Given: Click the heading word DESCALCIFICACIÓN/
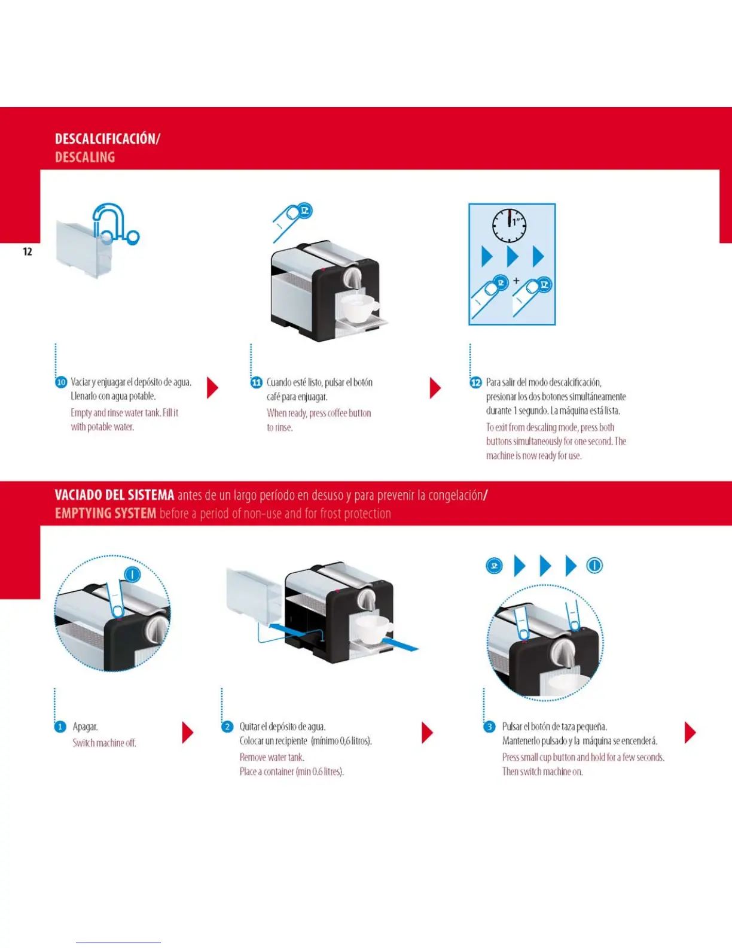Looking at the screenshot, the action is coord(107,139).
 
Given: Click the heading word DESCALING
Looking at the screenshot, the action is coord(84,157).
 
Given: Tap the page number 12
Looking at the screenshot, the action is coord(28,251).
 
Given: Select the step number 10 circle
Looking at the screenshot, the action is coord(61,382).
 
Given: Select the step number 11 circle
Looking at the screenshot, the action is coord(256,382).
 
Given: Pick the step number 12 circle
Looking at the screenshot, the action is coord(476,382).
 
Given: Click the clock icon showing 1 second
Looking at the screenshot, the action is coord(509,225).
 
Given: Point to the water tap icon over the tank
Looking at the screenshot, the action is coord(114,224).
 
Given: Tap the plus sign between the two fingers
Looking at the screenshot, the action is coord(516,280).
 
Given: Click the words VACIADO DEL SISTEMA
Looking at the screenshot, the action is coord(114,496).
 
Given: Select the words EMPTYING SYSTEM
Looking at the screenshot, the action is coord(105,513).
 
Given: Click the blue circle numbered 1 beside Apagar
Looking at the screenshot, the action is coord(60,727).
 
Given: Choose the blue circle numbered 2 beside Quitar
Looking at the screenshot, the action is coord(227,727).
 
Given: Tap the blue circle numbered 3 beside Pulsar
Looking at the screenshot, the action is coord(489,727).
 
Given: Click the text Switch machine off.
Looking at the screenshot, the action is coord(104,743).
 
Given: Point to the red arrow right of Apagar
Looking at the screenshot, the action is coord(187,732).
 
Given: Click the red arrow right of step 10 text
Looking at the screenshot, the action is coord(212,388).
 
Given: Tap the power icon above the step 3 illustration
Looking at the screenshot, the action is coord(594,566).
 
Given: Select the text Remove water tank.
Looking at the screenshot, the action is coord(272,757).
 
